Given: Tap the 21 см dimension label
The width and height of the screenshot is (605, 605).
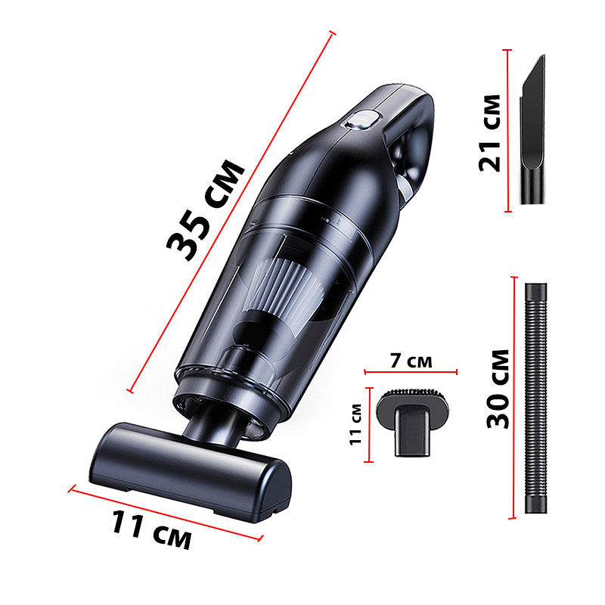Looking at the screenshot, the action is (x=489, y=133).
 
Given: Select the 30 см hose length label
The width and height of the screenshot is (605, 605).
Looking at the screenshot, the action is (x=498, y=389).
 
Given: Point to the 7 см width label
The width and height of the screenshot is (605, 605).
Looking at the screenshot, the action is (x=411, y=361).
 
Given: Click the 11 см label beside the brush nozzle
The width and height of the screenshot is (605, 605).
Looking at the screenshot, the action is (x=355, y=424).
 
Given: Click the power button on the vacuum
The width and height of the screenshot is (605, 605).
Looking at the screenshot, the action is (x=362, y=119).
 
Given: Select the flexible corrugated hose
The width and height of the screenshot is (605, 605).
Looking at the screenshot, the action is (x=536, y=399).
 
